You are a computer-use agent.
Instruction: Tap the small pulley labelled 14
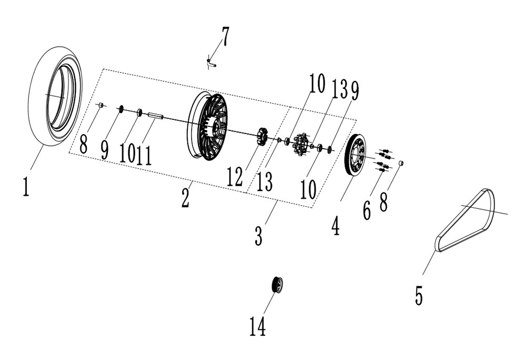point(277,285)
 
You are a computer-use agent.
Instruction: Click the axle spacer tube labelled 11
point(156,116)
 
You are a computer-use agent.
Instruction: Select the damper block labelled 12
point(262,136)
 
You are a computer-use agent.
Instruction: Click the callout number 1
point(26,186)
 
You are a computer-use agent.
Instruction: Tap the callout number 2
point(185,198)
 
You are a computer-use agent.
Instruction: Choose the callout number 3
point(259,235)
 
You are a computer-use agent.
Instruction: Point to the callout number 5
point(419,295)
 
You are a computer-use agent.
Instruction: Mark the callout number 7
point(226,37)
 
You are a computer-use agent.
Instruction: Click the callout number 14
point(258,326)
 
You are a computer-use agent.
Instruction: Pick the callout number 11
point(144,155)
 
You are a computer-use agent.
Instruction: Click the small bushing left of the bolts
point(400,163)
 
